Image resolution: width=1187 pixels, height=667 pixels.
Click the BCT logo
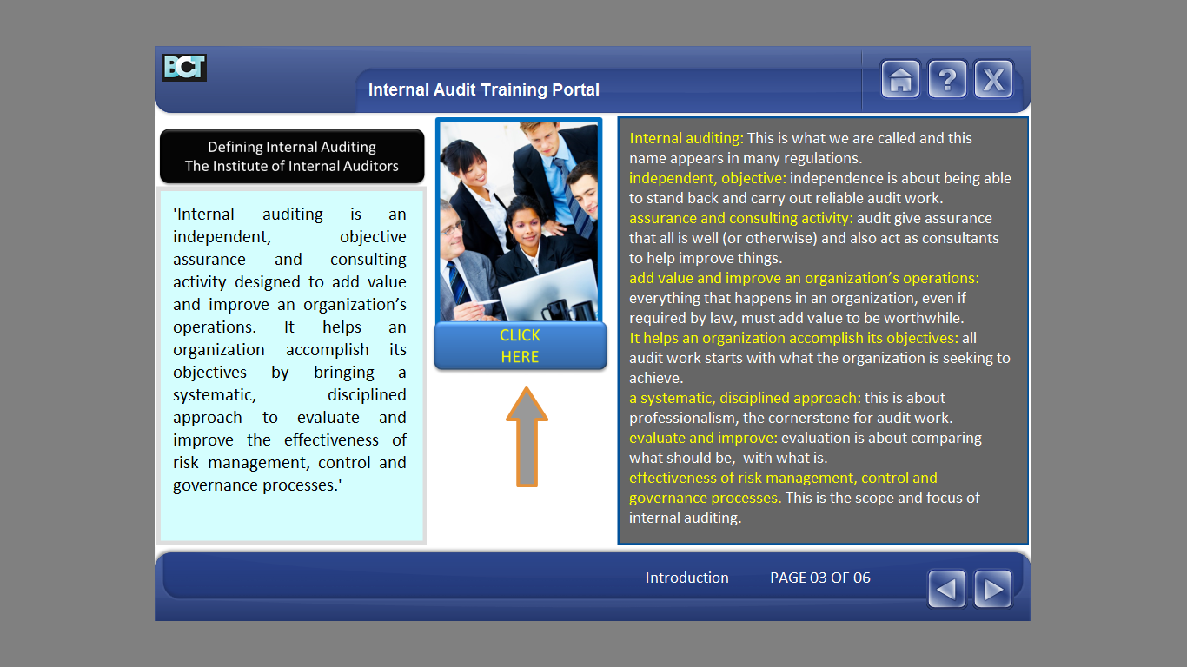[184, 67]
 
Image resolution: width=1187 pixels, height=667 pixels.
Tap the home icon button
[900, 79]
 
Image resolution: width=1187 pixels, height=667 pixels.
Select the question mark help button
[947, 79]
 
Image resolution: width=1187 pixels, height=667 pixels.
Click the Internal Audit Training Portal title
[483, 89]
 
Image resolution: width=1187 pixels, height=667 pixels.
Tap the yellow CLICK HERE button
[520, 346]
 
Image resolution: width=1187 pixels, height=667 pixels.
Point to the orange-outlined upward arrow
[527, 437]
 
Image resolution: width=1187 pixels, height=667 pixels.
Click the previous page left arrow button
[946, 589]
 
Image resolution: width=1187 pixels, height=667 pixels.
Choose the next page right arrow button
[993, 589]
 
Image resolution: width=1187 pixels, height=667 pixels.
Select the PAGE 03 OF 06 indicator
[819, 578]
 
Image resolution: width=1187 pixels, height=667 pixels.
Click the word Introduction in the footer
[686, 578]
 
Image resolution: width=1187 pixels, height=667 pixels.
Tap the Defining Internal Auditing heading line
[292, 147]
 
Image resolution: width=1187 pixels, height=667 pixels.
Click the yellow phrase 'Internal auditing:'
[686, 138]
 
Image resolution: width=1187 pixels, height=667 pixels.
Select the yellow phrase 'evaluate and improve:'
[703, 438]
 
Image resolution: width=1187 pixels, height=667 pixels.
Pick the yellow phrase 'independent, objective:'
[707, 179]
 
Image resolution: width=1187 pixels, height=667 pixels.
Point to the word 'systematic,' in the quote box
[215, 395]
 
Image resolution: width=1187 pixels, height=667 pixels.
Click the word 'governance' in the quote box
[216, 485]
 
